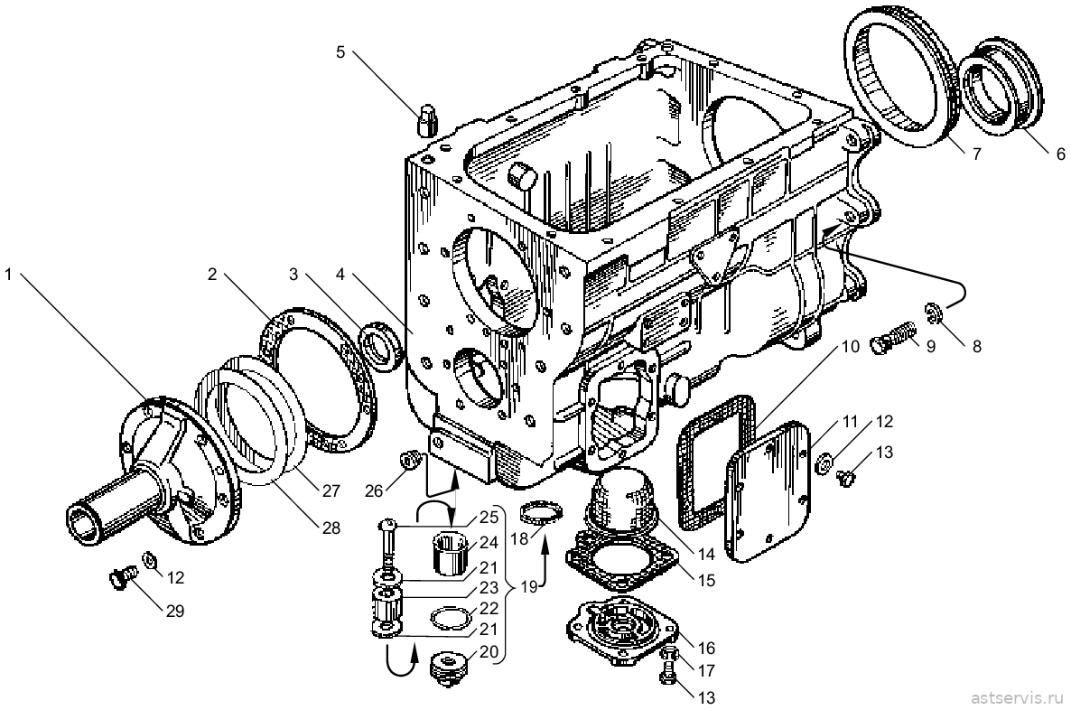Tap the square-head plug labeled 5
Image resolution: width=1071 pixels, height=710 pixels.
pyautogui.click(x=427, y=120)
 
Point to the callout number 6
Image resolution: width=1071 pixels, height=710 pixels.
pyautogui.click(x=1060, y=154)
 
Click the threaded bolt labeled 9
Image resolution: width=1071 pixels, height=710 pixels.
pyautogui.click(x=894, y=336)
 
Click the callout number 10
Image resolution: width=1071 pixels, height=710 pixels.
pyautogui.click(x=851, y=347)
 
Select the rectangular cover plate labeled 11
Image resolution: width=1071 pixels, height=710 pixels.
pyautogui.click(x=768, y=490)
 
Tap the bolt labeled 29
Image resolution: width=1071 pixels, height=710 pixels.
pyautogui.click(x=122, y=580)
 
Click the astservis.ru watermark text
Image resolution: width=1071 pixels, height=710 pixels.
pyautogui.click(x=1016, y=697)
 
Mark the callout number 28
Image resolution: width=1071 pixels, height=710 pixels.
pyautogui.click(x=330, y=528)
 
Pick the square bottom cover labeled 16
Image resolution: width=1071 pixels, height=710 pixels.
pyautogui.click(x=622, y=629)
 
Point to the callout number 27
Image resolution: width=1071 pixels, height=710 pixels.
pyautogui.click(x=331, y=490)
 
